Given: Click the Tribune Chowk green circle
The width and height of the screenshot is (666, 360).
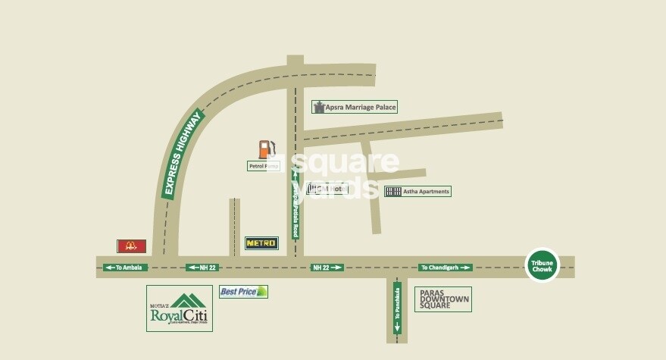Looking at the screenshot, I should (542, 265).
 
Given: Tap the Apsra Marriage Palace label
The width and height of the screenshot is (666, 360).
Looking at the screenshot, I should (355, 108).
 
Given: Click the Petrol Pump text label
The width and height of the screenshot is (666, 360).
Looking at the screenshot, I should (263, 165).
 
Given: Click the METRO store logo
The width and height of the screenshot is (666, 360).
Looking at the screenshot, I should (261, 243).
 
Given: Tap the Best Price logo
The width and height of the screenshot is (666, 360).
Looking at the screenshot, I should (243, 291).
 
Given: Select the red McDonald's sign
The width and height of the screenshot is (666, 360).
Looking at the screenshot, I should (131, 246).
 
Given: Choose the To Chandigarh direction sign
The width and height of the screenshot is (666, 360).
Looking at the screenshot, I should (446, 268).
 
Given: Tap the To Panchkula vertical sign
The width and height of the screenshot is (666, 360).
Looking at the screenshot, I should (396, 309).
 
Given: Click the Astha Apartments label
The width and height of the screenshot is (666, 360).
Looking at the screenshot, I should (417, 191).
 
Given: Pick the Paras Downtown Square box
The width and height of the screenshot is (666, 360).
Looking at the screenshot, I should (443, 299).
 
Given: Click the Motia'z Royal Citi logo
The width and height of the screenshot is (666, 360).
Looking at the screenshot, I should (179, 308).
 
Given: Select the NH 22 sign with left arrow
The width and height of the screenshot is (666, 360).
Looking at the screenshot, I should (202, 268).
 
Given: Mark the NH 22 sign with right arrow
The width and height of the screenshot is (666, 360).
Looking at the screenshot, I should (327, 268).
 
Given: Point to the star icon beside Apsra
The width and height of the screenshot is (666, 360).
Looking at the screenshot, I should (319, 107).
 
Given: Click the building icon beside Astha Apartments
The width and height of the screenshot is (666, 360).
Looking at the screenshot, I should (392, 191).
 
